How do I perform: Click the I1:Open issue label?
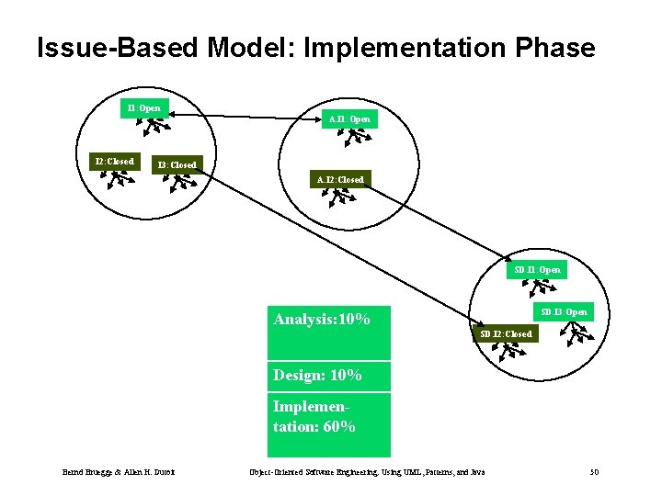pyautogui.click(x=145, y=108)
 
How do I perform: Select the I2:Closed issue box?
pyautogui.click(x=115, y=162)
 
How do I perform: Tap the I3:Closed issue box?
pyautogui.click(x=177, y=165)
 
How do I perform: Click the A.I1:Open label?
pyautogui.click(x=349, y=118)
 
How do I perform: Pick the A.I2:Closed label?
pyautogui.click(x=340, y=180)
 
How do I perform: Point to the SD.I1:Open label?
pyautogui.click(x=538, y=270)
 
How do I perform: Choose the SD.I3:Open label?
pyautogui.click(x=564, y=312)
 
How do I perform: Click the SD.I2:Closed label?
pyautogui.click(x=506, y=334)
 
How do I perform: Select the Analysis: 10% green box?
pyautogui.click(x=328, y=332)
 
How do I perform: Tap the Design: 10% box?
pyautogui.click(x=328, y=376)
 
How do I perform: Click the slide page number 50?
pyautogui.click(x=594, y=472)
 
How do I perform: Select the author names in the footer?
pyautogui.click(x=119, y=472)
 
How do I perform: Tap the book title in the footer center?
pyautogui.click(x=367, y=472)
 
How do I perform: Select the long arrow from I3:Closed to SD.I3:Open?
pyautogui.click(x=368, y=243)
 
